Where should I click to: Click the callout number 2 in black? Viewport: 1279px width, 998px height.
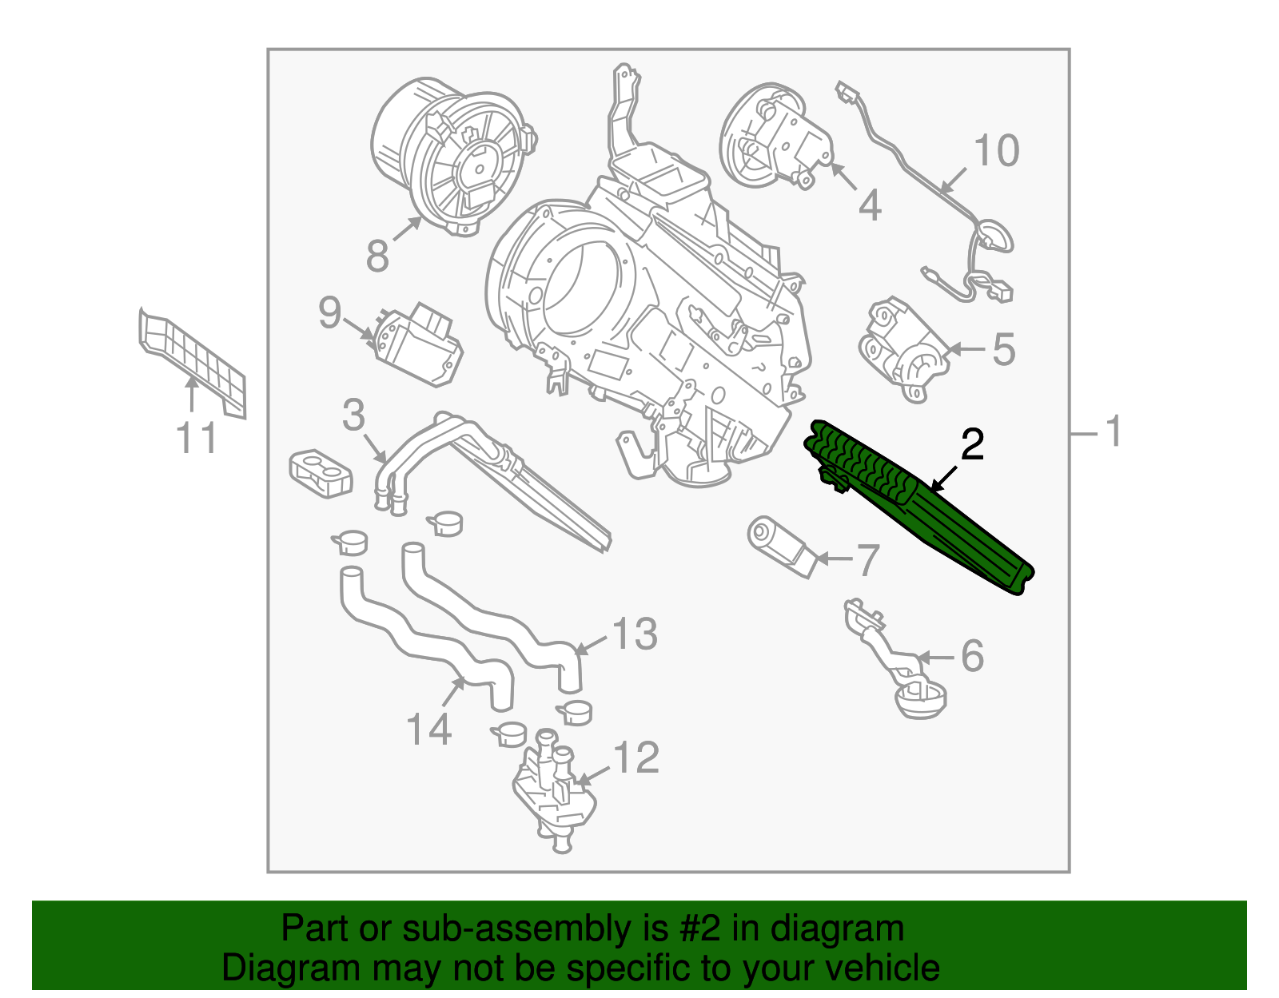tap(972, 445)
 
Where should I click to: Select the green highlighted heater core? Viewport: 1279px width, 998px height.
tap(919, 503)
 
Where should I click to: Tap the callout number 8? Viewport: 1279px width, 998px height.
tap(377, 256)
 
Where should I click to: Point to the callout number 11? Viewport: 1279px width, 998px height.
tap(197, 439)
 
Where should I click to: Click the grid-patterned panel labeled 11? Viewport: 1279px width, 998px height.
tap(192, 360)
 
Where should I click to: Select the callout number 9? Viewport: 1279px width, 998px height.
tap(329, 312)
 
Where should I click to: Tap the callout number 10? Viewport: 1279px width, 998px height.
tap(997, 151)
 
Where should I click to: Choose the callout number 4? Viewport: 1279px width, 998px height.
tap(870, 205)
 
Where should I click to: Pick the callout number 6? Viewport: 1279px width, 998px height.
tap(972, 656)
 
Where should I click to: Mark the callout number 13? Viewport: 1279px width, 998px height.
tap(635, 634)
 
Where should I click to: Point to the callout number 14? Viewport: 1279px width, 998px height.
tap(429, 730)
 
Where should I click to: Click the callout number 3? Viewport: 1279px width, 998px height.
tap(353, 416)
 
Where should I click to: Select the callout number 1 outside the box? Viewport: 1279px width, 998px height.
tap(1114, 431)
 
